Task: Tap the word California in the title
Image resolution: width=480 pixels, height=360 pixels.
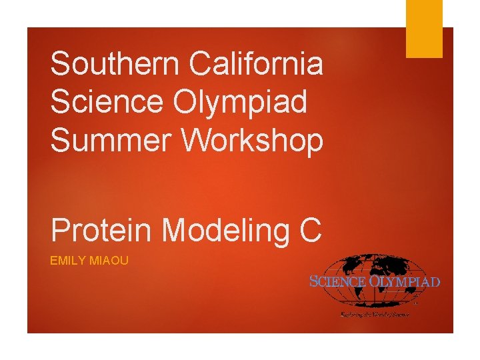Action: [256, 65]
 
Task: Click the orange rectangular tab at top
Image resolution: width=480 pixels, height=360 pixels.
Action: [425, 28]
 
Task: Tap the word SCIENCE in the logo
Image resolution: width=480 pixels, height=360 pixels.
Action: [338, 281]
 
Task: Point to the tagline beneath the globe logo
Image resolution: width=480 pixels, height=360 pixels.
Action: [375, 313]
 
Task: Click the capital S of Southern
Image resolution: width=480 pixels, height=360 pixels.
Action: [61, 65]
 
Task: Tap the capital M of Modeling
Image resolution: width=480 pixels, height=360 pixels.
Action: [175, 231]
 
